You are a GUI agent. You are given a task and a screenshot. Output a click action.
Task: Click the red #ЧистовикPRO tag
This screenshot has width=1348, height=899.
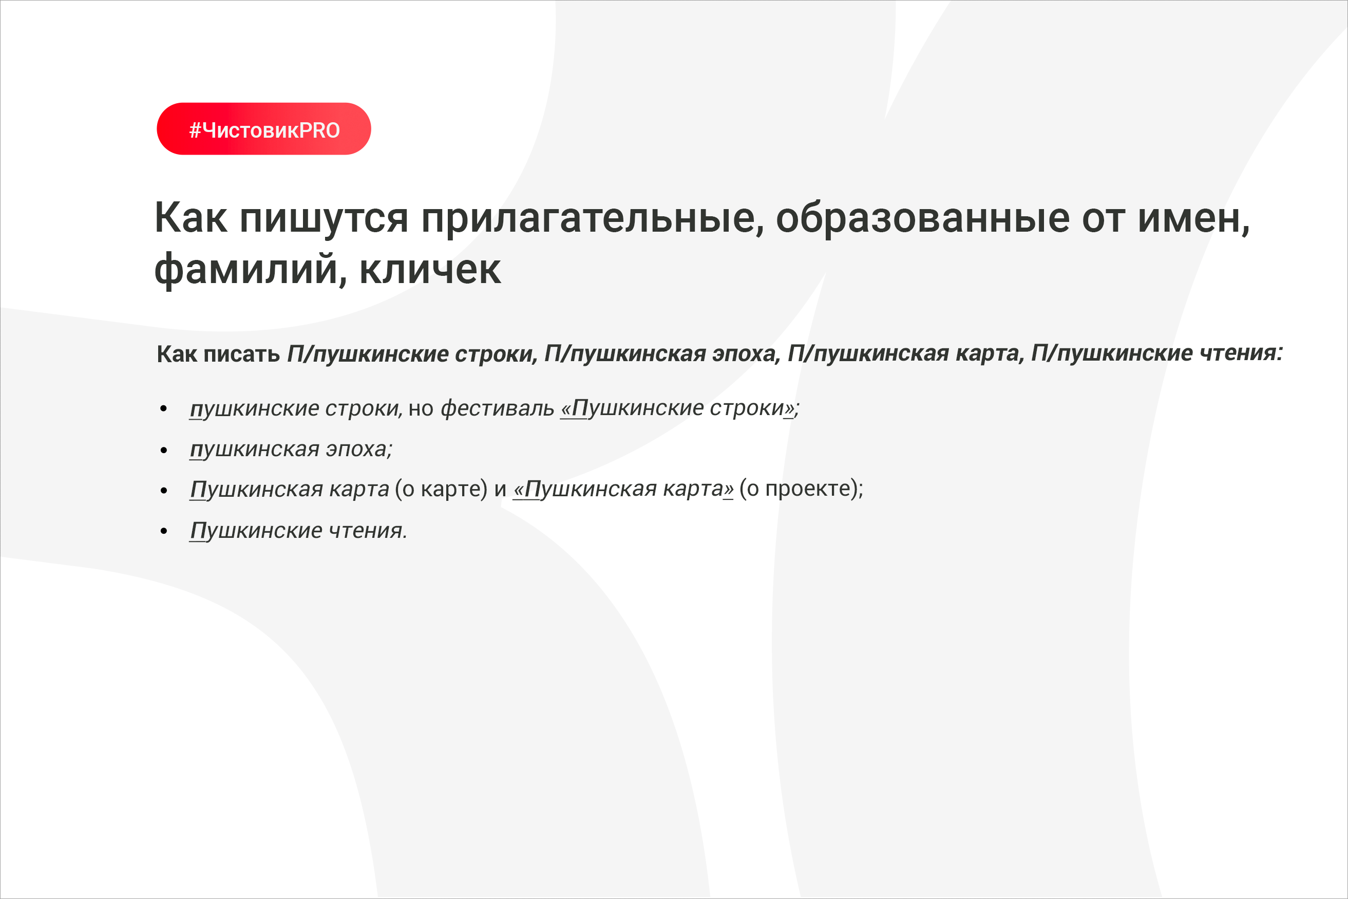click(x=263, y=129)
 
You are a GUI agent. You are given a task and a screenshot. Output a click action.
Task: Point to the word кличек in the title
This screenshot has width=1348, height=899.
click(x=430, y=270)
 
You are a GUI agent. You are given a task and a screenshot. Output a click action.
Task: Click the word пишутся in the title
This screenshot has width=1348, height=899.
click(x=324, y=218)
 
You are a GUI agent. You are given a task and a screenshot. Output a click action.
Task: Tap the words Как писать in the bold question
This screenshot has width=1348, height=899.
click(x=218, y=354)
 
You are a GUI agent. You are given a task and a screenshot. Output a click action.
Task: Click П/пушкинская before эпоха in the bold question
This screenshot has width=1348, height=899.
click(x=625, y=354)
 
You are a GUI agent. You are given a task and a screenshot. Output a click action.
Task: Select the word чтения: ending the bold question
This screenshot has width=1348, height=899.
click(x=1241, y=353)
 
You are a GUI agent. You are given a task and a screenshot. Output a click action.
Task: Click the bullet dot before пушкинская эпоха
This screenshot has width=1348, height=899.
click(x=164, y=451)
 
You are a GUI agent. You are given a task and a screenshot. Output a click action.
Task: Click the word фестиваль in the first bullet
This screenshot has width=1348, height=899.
click(x=498, y=409)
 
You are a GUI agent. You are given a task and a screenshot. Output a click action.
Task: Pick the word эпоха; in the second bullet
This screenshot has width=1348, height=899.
click(x=359, y=449)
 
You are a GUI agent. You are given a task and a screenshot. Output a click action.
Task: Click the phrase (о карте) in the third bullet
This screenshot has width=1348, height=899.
click(x=441, y=489)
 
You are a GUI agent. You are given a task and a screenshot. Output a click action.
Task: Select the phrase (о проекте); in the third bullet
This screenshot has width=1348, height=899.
click(x=801, y=489)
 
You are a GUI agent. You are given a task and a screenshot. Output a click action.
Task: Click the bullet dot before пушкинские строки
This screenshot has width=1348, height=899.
click(x=164, y=409)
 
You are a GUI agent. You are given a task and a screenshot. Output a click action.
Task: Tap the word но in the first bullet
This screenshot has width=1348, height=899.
click(x=421, y=409)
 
